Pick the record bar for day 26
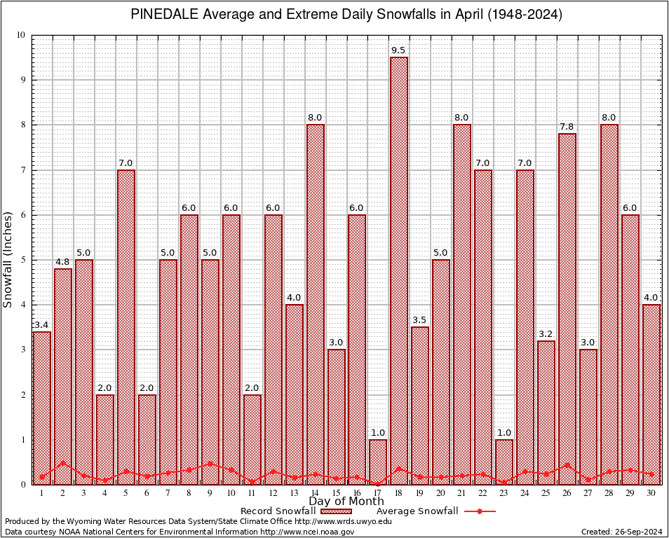pyautogui.click(x=567, y=308)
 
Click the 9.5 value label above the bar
pyautogui.click(x=399, y=50)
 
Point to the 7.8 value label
pyautogui.click(x=567, y=127)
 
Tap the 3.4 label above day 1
pyautogui.click(x=42, y=325)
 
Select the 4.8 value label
pyautogui.click(x=63, y=262)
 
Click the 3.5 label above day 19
pyautogui.click(x=420, y=320)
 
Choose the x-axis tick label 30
pyautogui.click(x=651, y=493)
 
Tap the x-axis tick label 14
pyautogui.click(x=315, y=493)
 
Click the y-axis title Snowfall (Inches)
pyautogui.click(x=8, y=260)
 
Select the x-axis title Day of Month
pyautogui.click(x=346, y=502)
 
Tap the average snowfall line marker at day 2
pyautogui.click(x=63, y=463)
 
